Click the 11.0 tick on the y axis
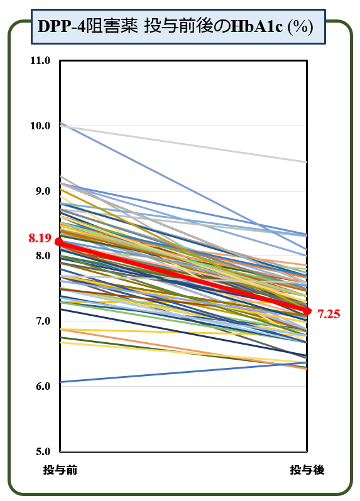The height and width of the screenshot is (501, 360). (40, 60)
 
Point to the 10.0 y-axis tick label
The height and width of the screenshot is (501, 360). (40, 126)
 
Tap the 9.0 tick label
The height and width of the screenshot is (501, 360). (43, 191)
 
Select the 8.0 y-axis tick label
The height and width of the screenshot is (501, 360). (43, 256)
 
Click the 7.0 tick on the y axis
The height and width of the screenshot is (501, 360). (43, 321)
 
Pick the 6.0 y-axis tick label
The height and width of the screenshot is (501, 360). (43, 386)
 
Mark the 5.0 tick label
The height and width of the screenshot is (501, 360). (43, 451)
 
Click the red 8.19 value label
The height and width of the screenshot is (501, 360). (40, 238)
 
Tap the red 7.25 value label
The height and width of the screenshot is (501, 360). (329, 314)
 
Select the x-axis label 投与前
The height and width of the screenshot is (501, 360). (60, 470)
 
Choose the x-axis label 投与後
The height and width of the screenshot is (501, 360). (307, 470)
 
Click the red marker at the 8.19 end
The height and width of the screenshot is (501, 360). (60, 242)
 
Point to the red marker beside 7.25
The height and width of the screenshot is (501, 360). (307, 311)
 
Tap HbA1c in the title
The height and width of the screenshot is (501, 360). (256, 27)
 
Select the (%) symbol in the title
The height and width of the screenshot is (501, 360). (300, 27)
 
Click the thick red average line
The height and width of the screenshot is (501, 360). (183, 276)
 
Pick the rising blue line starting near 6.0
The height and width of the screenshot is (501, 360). (183, 372)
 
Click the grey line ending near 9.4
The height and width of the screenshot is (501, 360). (183, 144)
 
